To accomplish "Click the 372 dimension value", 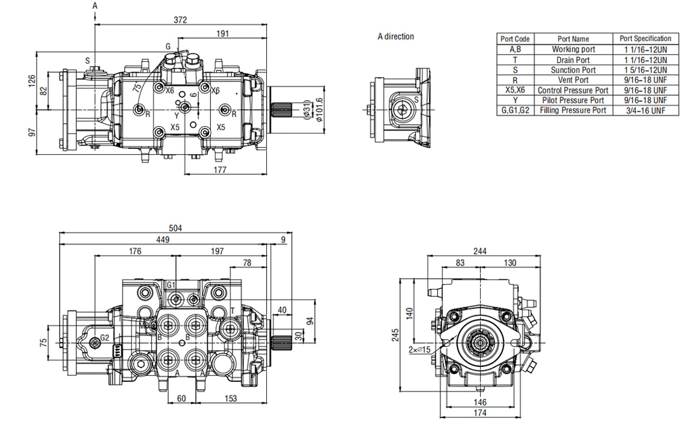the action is pyautogui.click(x=180, y=20).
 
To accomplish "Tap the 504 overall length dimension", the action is pyautogui.click(x=175, y=228).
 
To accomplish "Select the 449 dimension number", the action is pyautogui.click(x=163, y=240).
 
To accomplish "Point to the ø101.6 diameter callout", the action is pyautogui.click(x=318, y=109).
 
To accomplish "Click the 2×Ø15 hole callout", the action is pyautogui.click(x=419, y=350).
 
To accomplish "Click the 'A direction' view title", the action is pyautogui.click(x=395, y=37).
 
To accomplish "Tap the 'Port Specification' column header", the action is pyautogui.click(x=645, y=38).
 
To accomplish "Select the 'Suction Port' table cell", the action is pyautogui.click(x=573, y=70).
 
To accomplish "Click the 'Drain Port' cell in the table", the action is pyautogui.click(x=573, y=60).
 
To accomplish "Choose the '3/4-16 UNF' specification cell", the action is pyautogui.click(x=645, y=111).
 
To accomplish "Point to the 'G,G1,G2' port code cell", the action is pyautogui.click(x=515, y=110).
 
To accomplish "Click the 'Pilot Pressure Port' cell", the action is pyautogui.click(x=573, y=100).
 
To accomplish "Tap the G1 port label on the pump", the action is pyautogui.click(x=171, y=285).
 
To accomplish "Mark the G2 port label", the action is pyautogui.click(x=105, y=338).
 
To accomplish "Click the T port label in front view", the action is pyautogui.click(x=232, y=311).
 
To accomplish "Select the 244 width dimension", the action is pyautogui.click(x=479, y=252).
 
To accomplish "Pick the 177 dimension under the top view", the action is pyautogui.click(x=219, y=169).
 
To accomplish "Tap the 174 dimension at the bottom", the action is pyautogui.click(x=479, y=413).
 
